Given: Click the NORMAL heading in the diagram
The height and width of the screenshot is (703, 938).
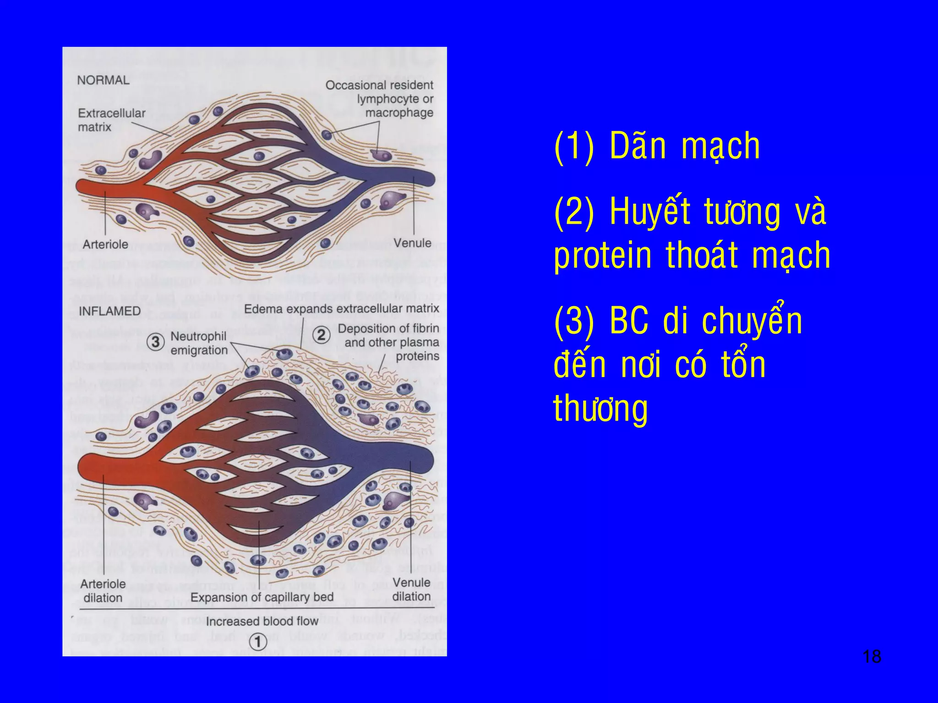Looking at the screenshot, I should click(x=103, y=80).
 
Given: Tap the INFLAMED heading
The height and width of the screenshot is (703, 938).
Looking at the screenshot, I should click(x=109, y=311).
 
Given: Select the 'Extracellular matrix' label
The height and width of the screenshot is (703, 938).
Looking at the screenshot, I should click(x=111, y=120).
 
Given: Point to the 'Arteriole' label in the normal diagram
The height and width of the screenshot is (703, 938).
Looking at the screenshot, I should click(x=105, y=244).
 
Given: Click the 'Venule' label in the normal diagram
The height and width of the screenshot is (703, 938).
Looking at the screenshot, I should click(x=412, y=243).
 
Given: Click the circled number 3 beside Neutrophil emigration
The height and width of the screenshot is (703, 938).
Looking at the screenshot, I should click(x=156, y=342).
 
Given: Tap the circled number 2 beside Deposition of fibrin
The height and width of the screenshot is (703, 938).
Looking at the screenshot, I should click(x=322, y=335).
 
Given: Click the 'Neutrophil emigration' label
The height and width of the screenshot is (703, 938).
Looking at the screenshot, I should click(x=199, y=343).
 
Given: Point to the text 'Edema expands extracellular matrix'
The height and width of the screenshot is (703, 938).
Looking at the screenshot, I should click(x=341, y=309).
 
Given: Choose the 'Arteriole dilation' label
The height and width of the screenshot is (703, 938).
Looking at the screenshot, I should click(x=103, y=591).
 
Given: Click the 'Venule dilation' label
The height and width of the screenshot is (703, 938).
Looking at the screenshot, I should click(x=411, y=589).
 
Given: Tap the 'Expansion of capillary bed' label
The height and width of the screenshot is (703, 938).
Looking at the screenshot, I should click(x=262, y=597).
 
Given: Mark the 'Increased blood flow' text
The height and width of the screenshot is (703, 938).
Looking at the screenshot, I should click(x=262, y=621).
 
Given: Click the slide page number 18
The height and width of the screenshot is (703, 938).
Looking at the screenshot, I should click(x=871, y=656).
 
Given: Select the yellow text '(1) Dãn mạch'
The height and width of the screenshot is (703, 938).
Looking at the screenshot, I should click(x=657, y=146).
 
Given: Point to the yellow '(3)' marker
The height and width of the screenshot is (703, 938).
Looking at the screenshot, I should click(x=574, y=321).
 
